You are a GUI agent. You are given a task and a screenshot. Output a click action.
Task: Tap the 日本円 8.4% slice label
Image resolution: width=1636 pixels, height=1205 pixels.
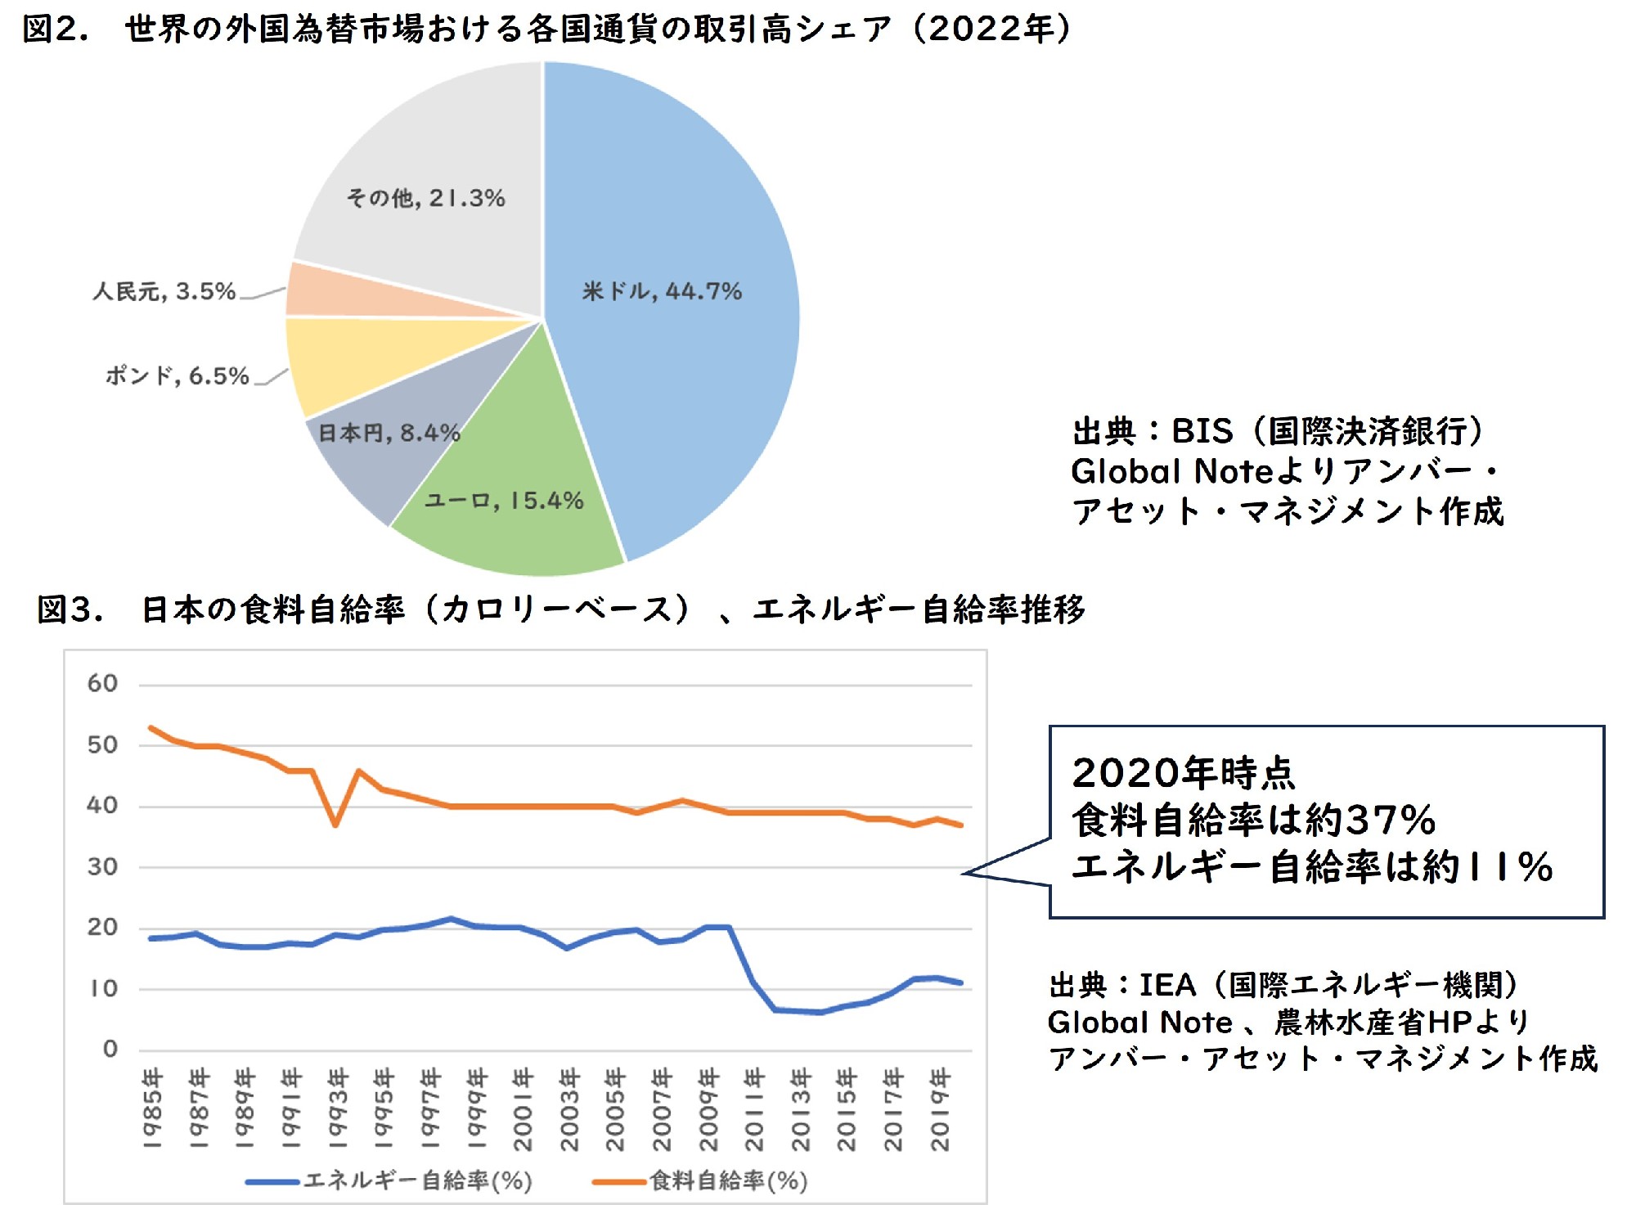pos(389,433)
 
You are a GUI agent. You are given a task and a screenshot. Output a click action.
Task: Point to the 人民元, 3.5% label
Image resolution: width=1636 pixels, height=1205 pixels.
pos(164,291)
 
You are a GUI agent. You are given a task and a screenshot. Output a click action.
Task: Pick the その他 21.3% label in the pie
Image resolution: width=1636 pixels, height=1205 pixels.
pos(425,198)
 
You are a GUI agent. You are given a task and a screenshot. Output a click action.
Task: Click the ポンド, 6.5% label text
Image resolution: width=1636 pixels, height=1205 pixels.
pos(177,376)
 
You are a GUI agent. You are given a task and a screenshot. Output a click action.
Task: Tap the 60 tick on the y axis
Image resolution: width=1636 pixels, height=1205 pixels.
pos(102,683)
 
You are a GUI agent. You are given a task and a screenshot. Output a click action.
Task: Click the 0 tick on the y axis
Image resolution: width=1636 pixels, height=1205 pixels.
pos(110,1049)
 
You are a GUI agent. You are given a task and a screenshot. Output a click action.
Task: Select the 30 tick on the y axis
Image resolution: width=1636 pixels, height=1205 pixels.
pos(102,866)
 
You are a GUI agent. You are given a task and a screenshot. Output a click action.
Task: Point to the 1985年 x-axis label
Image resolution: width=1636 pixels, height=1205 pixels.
pos(152,1108)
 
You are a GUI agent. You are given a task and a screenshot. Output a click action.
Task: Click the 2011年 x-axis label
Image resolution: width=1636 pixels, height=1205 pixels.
pos(753,1108)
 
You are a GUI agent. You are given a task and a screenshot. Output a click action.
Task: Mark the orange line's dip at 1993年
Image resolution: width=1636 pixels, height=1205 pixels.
pos(335,825)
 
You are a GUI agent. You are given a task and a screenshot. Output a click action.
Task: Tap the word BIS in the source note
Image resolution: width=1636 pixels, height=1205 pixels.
pos(1202,431)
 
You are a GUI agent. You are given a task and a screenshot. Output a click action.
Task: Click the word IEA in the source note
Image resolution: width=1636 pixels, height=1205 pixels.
pos(1166,985)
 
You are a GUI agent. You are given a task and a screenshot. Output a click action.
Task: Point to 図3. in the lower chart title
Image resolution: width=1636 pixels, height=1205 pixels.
pos(70,610)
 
